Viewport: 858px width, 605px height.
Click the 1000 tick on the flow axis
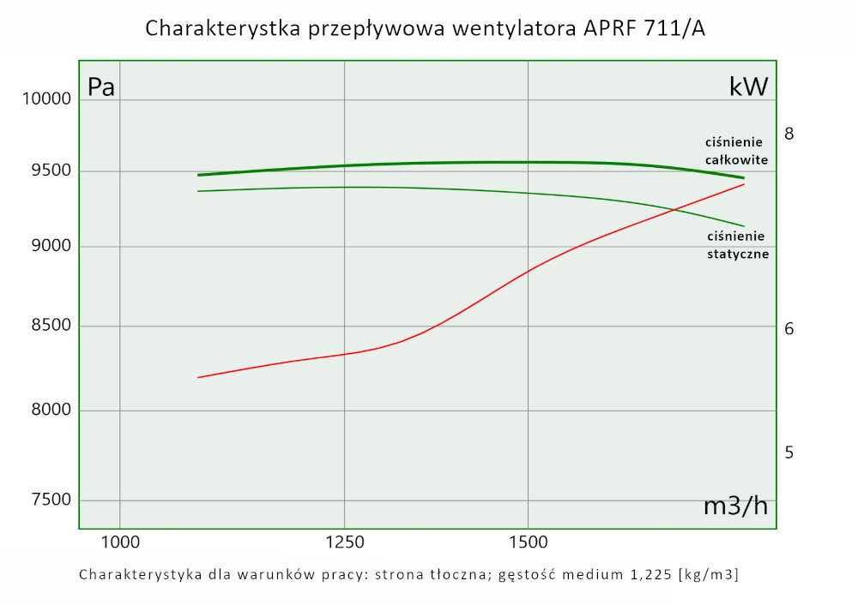pos(120,542)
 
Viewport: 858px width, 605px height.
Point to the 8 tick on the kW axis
pos(789,134)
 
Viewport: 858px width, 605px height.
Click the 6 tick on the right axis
pos(789,329)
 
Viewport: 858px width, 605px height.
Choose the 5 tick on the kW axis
pos(789,452)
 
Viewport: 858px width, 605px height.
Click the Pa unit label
pos(101,87)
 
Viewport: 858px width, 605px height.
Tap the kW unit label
pos(748,86)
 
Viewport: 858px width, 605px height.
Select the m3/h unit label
pos(735,506)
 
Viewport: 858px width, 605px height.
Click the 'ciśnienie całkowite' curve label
pos(736,151)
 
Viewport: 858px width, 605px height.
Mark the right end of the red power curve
pos(744,184)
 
